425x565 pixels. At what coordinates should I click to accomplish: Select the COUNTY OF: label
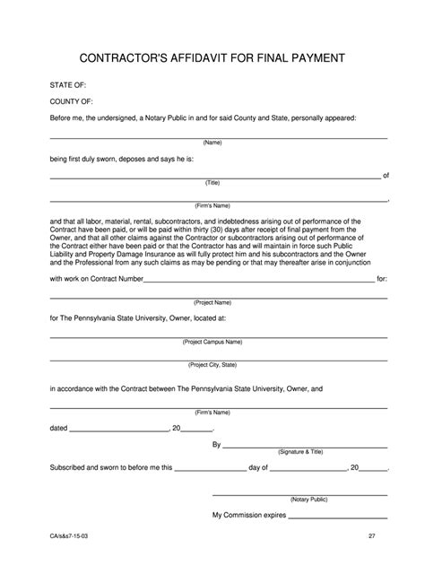(x=71, y=102)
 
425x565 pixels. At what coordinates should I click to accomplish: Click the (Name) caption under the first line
(x=212, y=143)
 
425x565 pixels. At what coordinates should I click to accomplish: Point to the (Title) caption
(x=212, y=182)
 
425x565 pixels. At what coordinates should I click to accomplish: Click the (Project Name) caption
(x=212, y=302)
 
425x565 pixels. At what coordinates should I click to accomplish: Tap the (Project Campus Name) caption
(x=212, y=342)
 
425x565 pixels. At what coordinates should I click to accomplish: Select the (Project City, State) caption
(x=212, y=365)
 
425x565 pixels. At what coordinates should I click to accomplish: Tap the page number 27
(x=371, y=535)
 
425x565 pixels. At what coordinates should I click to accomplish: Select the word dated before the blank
(x=58, y=428)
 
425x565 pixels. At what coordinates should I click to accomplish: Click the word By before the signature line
(x=216, y=445)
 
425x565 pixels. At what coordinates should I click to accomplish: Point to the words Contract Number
(x=112, y=279)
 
